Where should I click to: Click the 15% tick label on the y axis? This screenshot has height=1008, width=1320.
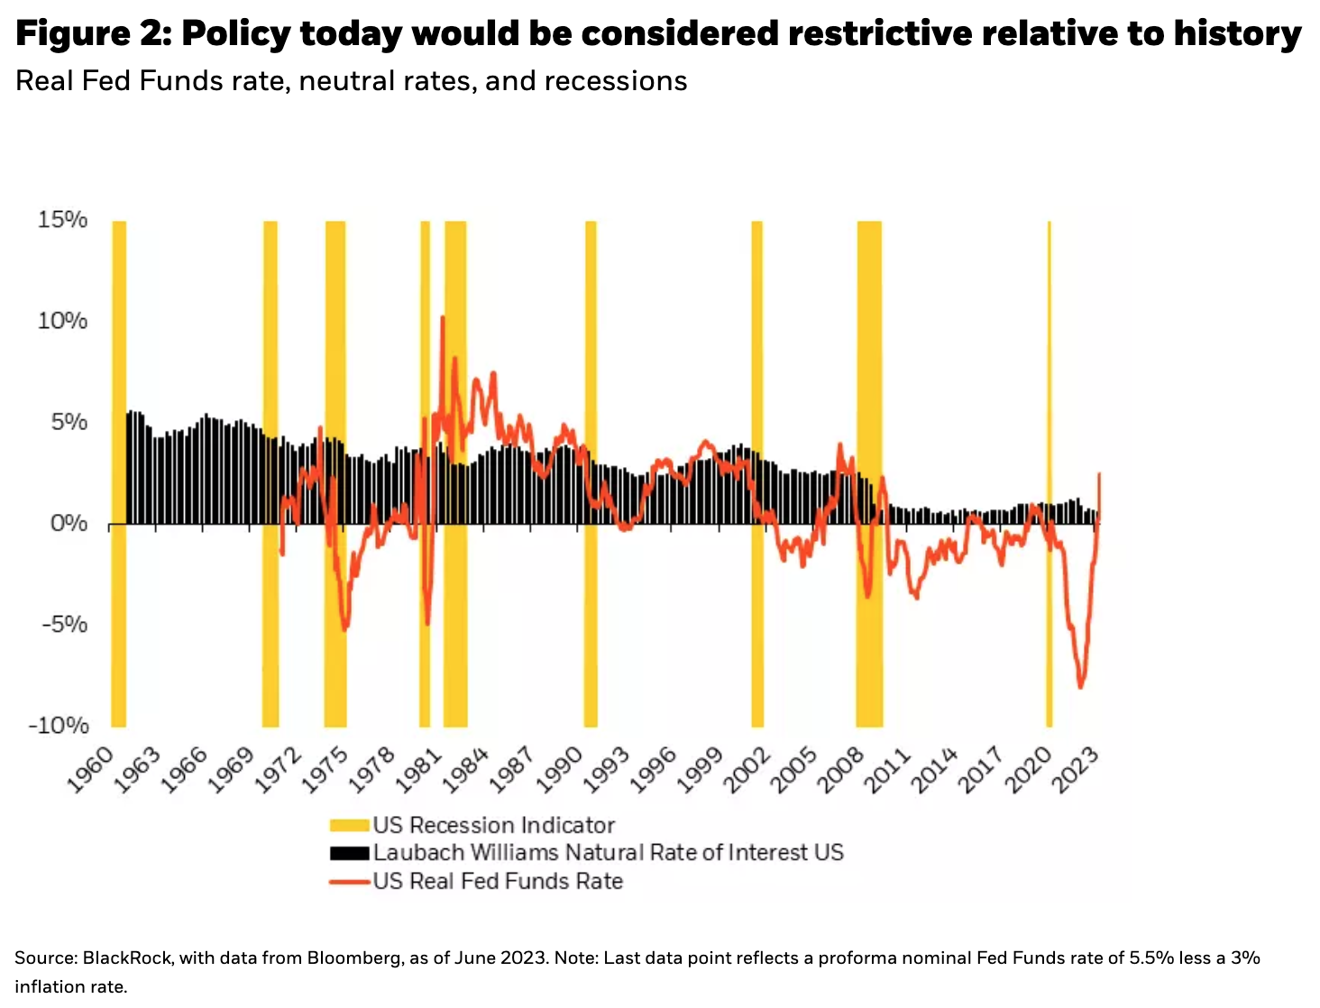pos(62,219)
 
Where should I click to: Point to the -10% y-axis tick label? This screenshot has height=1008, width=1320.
pos(59,725)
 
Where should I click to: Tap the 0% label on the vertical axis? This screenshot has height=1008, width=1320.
pos(69,523)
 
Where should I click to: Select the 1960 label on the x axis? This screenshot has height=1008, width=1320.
pos(91,769)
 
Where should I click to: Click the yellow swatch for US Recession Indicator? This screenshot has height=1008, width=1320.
pos(349,825)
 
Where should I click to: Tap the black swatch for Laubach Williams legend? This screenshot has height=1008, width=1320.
pos(349,853)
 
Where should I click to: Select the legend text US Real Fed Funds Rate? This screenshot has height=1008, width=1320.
pos(498,881)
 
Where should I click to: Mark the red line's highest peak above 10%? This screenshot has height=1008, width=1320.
pos(443,317)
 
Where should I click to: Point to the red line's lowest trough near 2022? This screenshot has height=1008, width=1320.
pos(1080,687)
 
